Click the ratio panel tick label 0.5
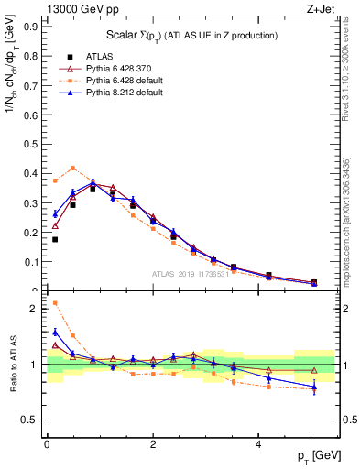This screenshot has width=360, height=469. point(29,420)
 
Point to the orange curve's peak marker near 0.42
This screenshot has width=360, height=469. point(72,168)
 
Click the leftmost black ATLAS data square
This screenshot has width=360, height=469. point(55,240)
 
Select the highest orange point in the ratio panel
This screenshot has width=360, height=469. point(55,303)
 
